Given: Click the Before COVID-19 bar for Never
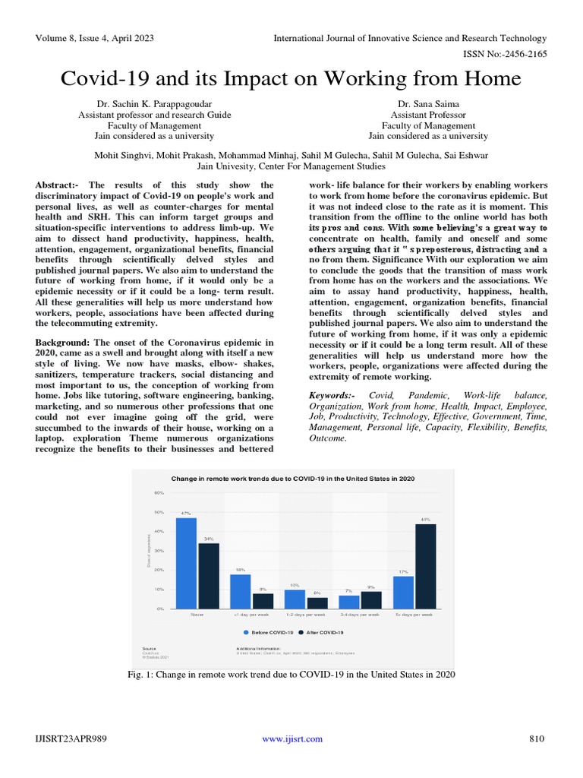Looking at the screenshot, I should click(x=186, y=563).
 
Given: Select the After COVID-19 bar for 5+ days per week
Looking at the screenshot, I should click(x=425, y=566).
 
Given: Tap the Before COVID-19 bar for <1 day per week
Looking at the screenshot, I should click(x=240, y=591).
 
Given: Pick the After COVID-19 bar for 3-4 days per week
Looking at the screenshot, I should click(x=370, y=599).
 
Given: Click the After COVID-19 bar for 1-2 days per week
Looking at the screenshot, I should click(x=317, y=602).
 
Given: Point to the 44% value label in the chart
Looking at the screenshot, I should click(x=425, y=520).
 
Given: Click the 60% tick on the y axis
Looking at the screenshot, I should click(x=159, y=492).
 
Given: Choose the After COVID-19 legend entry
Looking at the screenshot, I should click(x=322, y=632).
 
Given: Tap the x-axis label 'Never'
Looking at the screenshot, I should click(x=197, y=614).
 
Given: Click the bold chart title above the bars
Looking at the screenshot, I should click(x=292, y=478).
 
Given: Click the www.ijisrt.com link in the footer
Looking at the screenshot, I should click(x=292, y=738).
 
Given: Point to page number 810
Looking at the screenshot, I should click(x=537, y=738).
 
